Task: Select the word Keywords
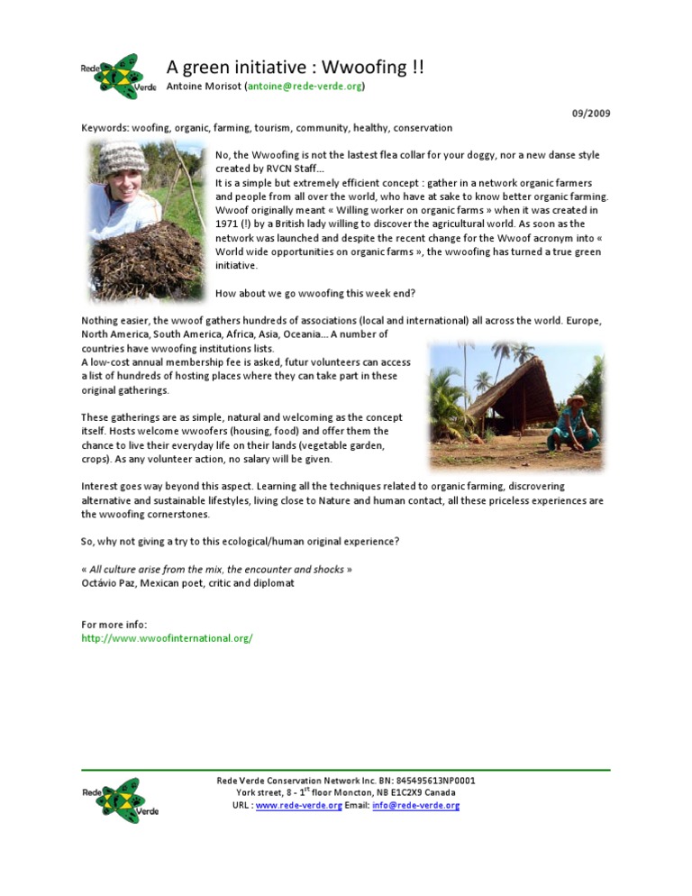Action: (105, 128)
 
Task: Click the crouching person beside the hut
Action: (574, 423)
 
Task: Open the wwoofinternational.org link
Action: (167, 638)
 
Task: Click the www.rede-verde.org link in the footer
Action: (298, 806)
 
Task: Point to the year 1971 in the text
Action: (227, 224)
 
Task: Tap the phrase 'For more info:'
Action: (114, 625)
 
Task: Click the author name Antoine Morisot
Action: (210, 87)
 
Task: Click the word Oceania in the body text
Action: (305, 334)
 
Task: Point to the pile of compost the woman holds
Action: (149, 261)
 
